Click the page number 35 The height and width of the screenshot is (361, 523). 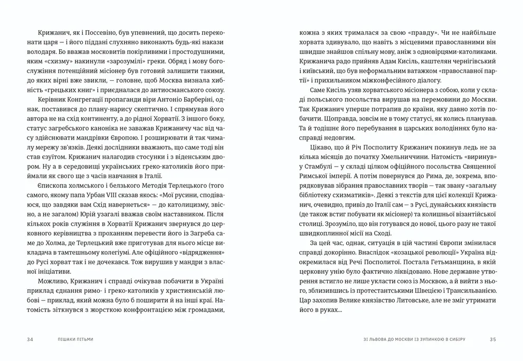click(493, 339)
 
